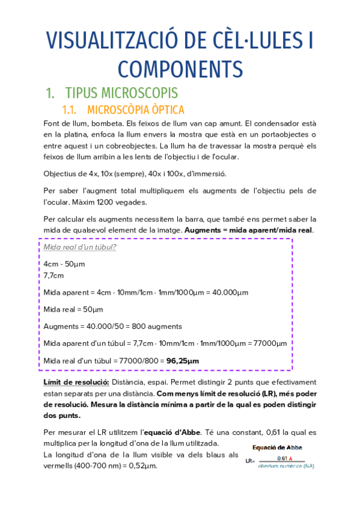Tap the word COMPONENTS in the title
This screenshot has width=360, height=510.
180,69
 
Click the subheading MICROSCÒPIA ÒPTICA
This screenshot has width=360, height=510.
135,110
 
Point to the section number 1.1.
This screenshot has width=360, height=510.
72,110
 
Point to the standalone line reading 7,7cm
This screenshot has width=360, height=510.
53,275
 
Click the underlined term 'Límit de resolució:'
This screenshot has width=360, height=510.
76,382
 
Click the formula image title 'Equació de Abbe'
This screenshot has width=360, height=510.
278,447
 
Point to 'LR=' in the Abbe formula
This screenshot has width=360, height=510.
250,461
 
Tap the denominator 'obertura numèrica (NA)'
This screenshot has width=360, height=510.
285,466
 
